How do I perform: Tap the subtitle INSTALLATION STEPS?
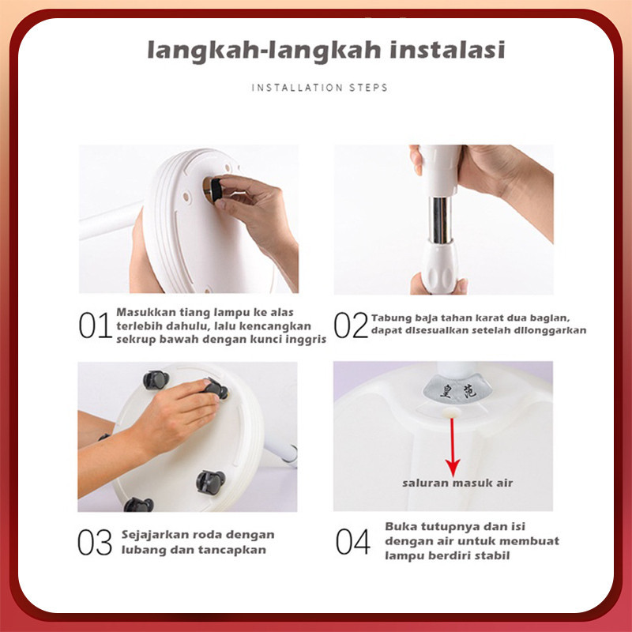coord(320,88)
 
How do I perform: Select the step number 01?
coord(95,325)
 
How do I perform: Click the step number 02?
coord(351,325)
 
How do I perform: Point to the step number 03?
coord(95,542)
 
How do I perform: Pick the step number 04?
coord(353,541)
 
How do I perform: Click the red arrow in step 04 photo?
coord(453,447)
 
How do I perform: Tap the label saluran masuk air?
coord(457,483)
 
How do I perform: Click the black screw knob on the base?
coord(216,190)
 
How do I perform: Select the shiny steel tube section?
coord(440,220)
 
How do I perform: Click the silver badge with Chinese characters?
coord(457,390)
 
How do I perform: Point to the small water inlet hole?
coord(451,412)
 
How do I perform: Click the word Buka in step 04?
coord(399,526)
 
